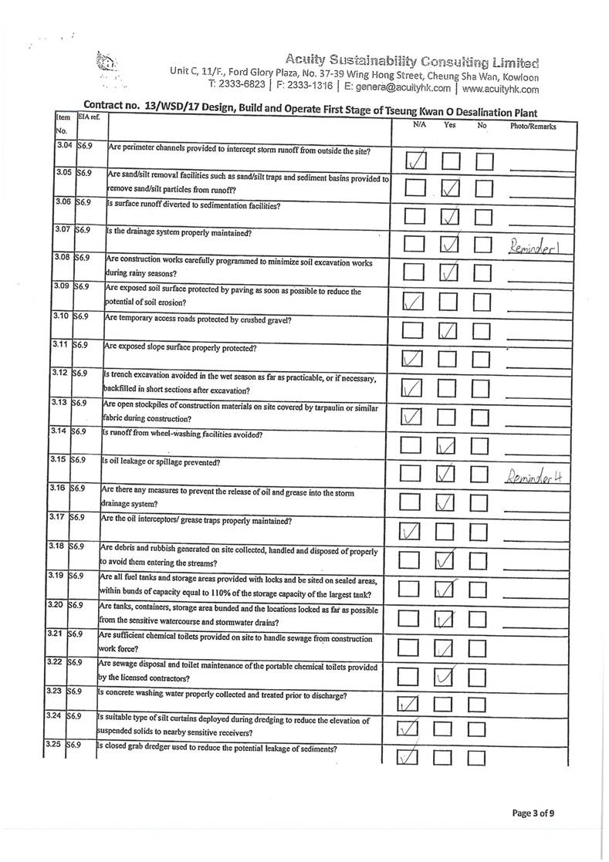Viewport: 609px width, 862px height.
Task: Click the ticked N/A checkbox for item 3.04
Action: coord(415,161)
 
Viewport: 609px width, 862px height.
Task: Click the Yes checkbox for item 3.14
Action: coord(448,446)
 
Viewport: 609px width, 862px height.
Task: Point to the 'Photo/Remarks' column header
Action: coord(533,126)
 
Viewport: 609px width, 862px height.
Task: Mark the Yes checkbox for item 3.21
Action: coord(445,648)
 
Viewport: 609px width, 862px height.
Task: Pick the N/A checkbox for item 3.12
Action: coord(413,389)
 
